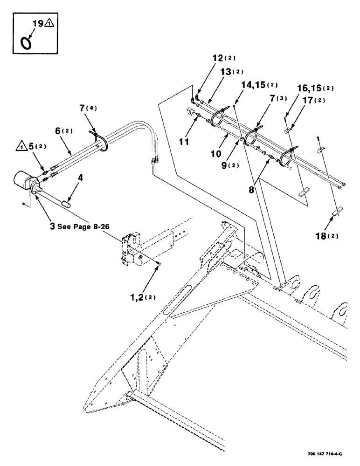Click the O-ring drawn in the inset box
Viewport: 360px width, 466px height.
[27, 43]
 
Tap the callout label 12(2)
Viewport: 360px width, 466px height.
[224, 58]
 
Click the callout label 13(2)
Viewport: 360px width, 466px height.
[224, 72]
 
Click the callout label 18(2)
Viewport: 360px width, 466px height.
[326, 236]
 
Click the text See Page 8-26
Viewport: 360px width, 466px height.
[82, 226]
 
